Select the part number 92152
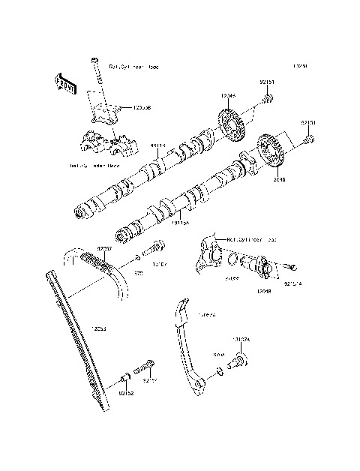pyautogui.click(x=125, y=392)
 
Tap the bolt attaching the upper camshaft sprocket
pyautogui.click(x=268, y=98)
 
